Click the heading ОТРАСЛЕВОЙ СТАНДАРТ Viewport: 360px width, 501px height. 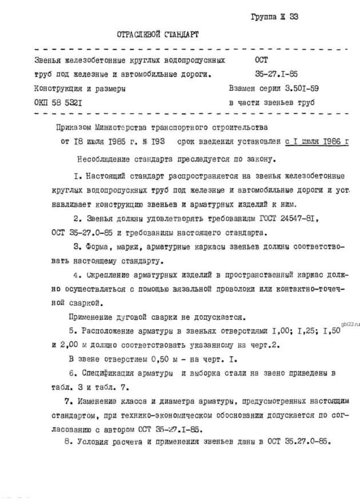(x=158, y=34)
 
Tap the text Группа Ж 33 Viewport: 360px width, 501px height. (x=274, y=17)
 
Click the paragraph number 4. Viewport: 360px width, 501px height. (x=77, y=275)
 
